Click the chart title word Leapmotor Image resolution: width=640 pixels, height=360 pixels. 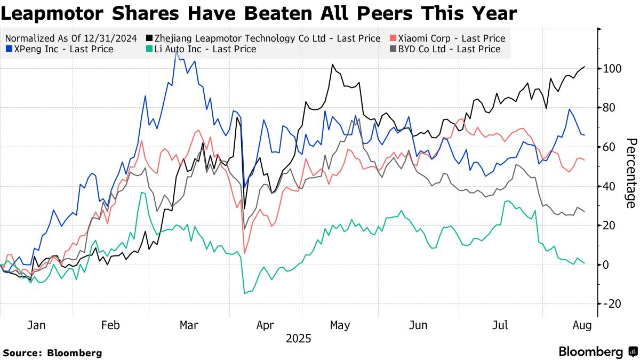47,13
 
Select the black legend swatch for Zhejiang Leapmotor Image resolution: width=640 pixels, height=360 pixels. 151,38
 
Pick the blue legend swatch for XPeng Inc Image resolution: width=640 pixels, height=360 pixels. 8,49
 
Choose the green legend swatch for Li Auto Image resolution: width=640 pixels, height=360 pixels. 151,49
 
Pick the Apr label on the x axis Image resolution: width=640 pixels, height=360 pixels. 265,326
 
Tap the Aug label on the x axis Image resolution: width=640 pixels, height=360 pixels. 581,326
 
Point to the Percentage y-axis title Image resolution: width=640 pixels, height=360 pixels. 630,173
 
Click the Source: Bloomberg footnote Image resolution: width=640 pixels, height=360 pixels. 52,353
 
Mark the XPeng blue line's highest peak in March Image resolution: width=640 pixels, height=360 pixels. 176,52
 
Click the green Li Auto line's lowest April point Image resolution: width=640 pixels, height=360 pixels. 245,293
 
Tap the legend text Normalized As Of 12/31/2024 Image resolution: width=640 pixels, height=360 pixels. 71,38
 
